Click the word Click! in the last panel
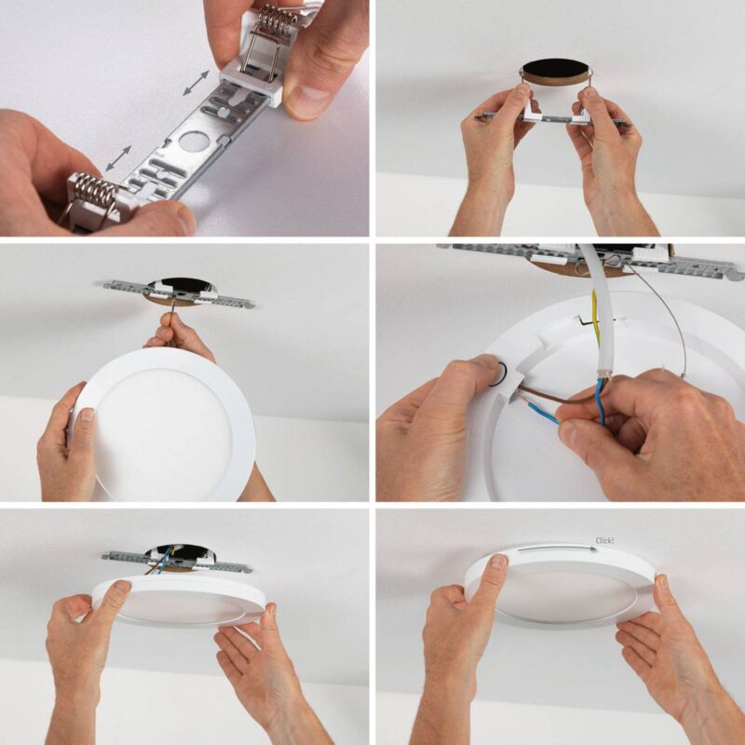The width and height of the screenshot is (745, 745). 604,541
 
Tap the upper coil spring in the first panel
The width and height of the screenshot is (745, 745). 276,18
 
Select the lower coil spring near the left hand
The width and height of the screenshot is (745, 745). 97,192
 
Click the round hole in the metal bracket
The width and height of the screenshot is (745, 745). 194,142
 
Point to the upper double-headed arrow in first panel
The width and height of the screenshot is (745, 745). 196,83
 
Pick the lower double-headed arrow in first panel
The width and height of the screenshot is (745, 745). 118,158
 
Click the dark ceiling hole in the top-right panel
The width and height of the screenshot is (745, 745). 556,68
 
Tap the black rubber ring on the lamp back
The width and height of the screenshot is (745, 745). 497,373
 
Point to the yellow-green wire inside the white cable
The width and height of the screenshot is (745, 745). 595,318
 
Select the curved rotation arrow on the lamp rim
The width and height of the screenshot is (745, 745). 557,549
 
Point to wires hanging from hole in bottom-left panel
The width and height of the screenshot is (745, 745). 161,561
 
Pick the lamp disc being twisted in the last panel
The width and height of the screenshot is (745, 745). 561,587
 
